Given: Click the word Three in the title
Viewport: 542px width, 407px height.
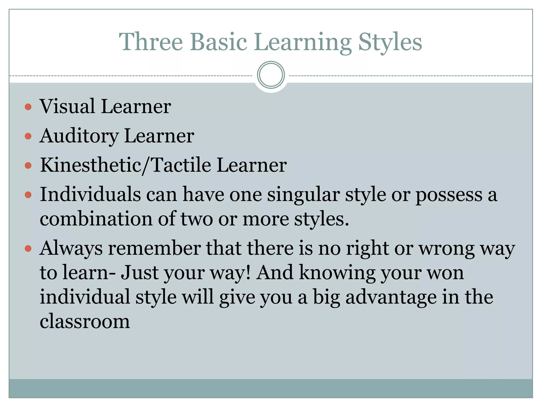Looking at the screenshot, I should pyautogui.click(x=151, y=42).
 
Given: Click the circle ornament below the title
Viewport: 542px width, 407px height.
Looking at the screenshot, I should pyautogui.click(x=271, y=75).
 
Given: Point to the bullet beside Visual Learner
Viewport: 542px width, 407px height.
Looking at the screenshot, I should pyautogui.click(x=28, y=107).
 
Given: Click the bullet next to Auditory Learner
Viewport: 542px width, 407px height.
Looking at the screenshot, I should pyautogui.click(x=28, y=136).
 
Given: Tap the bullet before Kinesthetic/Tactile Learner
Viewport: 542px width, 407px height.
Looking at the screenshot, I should pyautogui.click(x=28, y=166).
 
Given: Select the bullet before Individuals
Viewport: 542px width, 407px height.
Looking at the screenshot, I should pyautogui.click(x=28, y=195).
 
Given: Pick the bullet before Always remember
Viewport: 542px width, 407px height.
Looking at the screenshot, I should pyautogui.click(x=28, y=249).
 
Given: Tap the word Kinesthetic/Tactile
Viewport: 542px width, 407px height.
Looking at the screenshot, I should pyautogui.click(x=125, y=165).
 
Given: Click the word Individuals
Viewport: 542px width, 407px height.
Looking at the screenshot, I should pyautogui.click(x=90, y=194).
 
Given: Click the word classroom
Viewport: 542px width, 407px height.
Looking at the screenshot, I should pyautogui.click(x=85, y=321).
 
